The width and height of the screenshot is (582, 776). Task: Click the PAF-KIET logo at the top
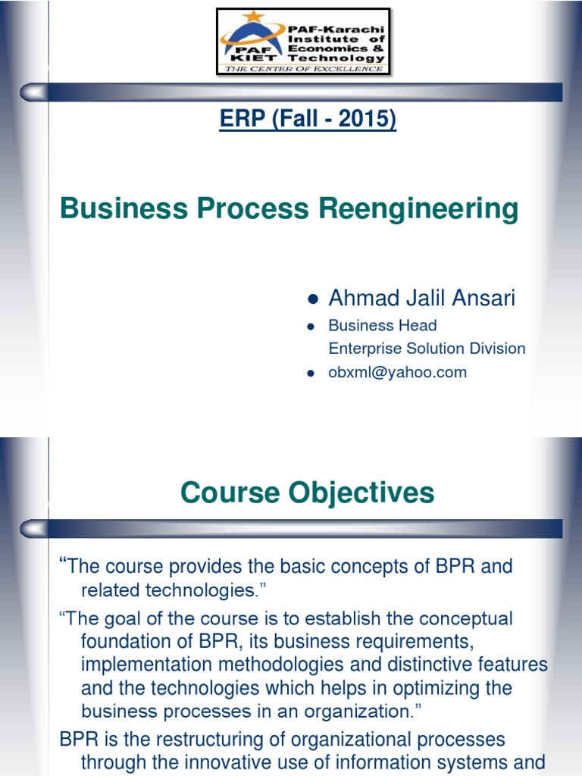[303, 42]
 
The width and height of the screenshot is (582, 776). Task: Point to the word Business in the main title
[120, 208]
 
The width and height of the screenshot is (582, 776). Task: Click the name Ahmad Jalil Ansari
[421, 298]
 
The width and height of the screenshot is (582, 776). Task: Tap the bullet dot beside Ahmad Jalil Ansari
[310, 299]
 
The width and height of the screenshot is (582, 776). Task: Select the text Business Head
[382, 325]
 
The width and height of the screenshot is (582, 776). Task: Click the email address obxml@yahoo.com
[397, 372]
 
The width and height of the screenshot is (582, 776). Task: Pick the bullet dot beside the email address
[310, 373]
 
